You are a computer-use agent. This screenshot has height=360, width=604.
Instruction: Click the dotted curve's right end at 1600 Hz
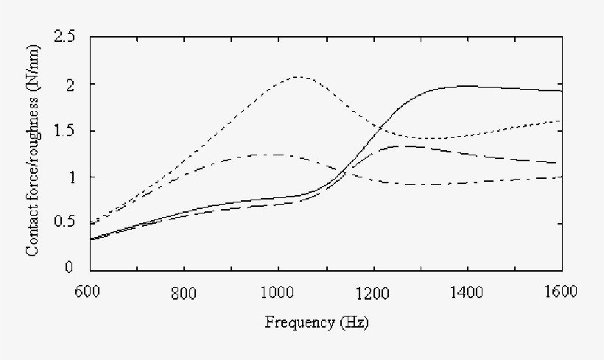pos(561,121)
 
